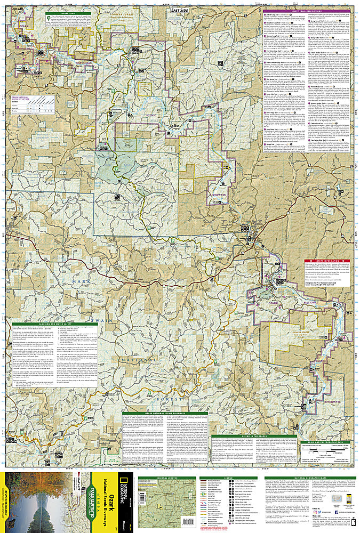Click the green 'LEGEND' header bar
230,474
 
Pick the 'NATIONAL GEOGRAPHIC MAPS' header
309,474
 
